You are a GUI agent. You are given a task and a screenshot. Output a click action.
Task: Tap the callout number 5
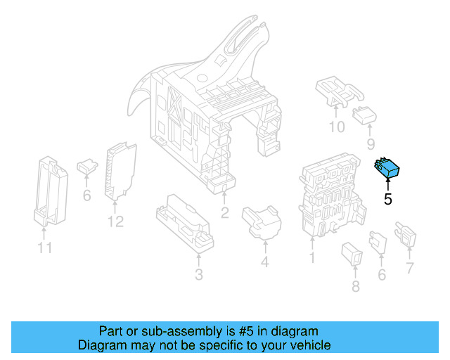[x=388, y=199]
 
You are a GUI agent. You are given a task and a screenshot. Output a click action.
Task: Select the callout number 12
[x=115, y=222]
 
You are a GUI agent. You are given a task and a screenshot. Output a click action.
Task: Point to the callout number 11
[x=45, y=247]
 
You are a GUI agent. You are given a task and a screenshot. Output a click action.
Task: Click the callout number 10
[x=337, y=127]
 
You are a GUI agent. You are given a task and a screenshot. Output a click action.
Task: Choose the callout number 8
[x=355, y=286]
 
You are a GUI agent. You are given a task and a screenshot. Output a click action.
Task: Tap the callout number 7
[x=410, y=268]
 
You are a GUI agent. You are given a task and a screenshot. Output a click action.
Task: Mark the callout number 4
[x=264, y=263]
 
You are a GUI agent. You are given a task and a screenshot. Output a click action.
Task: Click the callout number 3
[x=199, y=274]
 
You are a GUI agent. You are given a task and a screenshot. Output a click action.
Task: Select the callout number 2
[x=224, y=213]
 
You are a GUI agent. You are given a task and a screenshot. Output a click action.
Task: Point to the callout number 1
[x=312, y=258]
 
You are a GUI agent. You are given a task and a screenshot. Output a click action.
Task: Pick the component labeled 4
[x=262, y=221]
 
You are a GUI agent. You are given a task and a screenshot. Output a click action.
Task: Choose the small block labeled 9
[x=364, y=114]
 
